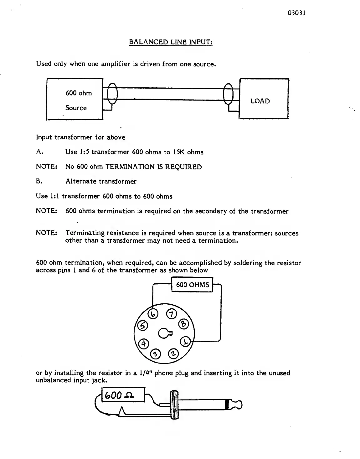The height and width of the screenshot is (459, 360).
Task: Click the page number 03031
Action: [296, 13]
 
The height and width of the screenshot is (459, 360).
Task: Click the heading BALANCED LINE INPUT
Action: [171, 42]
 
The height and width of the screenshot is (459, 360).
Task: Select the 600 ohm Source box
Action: [75, 99]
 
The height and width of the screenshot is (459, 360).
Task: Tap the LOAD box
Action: [264, 99]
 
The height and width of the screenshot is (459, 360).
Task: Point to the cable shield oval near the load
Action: [229, 93]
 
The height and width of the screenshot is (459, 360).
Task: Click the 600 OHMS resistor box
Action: [192, 285]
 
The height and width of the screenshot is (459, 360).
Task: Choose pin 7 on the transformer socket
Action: [171, 314]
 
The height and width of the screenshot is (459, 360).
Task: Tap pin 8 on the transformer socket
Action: [183, 324]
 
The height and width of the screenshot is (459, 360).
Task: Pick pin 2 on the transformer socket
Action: [173, 354]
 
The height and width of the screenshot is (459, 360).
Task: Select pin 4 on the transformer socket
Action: [143, 343]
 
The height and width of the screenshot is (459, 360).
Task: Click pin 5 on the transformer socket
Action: [142, 326]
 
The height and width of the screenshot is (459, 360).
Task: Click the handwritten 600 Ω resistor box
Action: [123, 395]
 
